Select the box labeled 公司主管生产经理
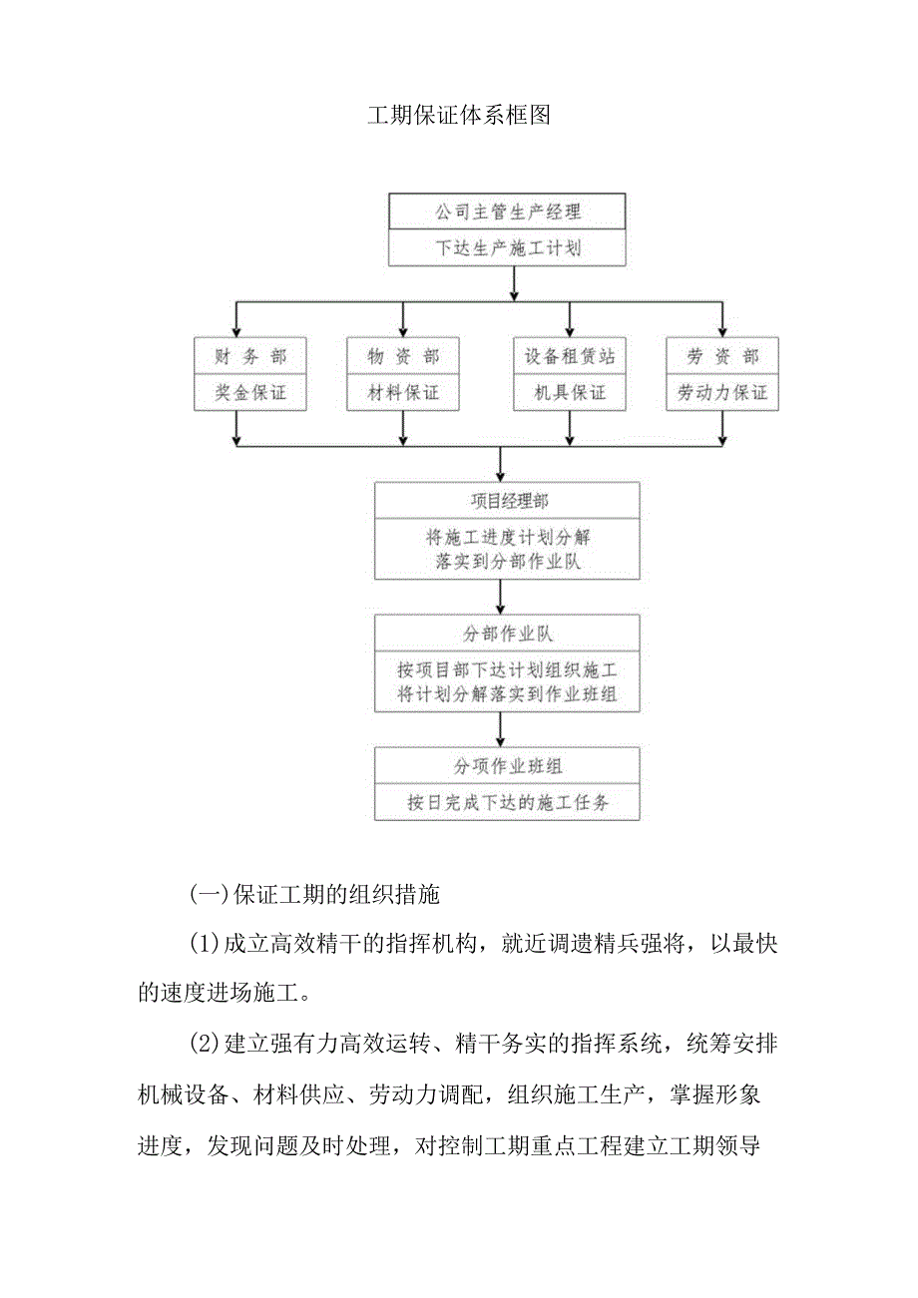tap(507, 213)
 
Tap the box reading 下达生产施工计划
tap(507, 248)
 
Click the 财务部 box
tap(235, 356)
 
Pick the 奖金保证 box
tap(235, 393)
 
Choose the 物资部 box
tap(403, 356)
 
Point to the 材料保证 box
tap(403, 393)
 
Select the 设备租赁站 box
tap(570, 356)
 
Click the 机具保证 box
tap(570, 393)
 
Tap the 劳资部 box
tap(722, 356)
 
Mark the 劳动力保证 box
tap(722, 393)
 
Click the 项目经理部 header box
tap(507, 501)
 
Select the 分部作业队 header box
tap(507, 634)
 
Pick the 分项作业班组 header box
tap(507, 766)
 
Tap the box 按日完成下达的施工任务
tap(507, 802)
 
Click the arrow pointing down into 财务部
tap(235, 321)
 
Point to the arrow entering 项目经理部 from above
tap(500, 465)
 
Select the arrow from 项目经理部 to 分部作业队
tap(500, 598)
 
